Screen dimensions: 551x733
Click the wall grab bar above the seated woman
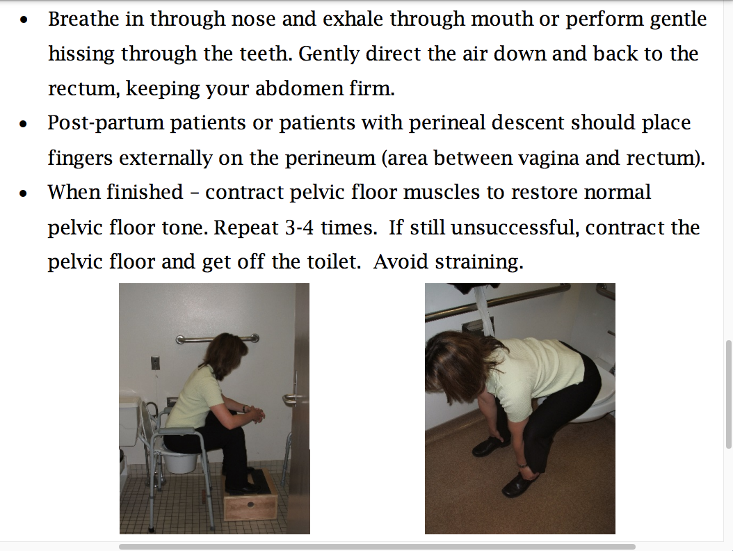pos(217,339)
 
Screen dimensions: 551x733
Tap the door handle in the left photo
pos(292,398)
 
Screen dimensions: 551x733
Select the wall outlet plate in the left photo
pos(155,362)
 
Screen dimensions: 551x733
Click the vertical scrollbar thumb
pos(728,393)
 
